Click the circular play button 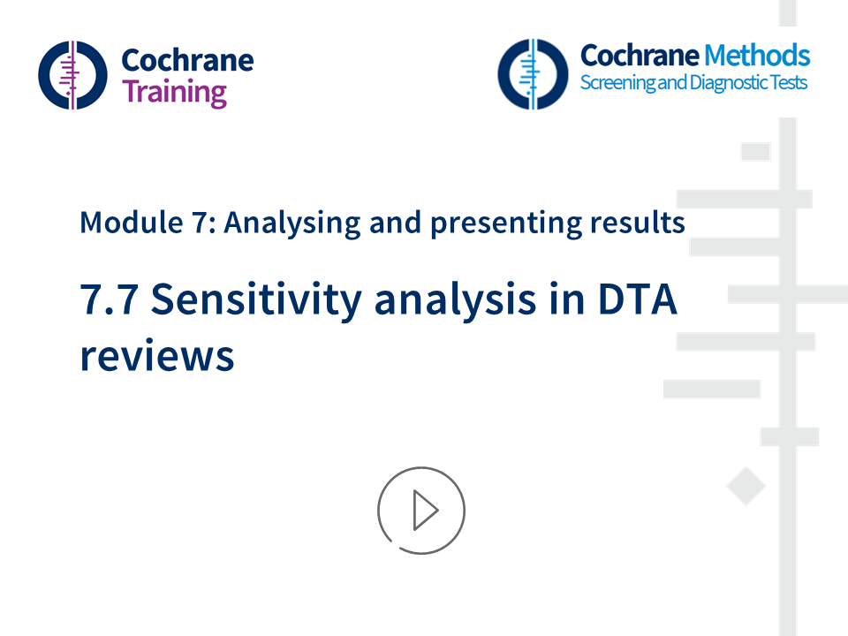pyautogui.click(x=420, y=511)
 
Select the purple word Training pyautogui.click(x=174, y=92)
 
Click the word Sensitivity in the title pyautogui.click(x=257, y=301)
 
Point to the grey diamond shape pyautogui.click(x=746, y=487)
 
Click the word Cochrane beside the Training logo pyautogui.click(x=186, y=60)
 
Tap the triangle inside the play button pyautogui.click(x=425, y=511)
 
